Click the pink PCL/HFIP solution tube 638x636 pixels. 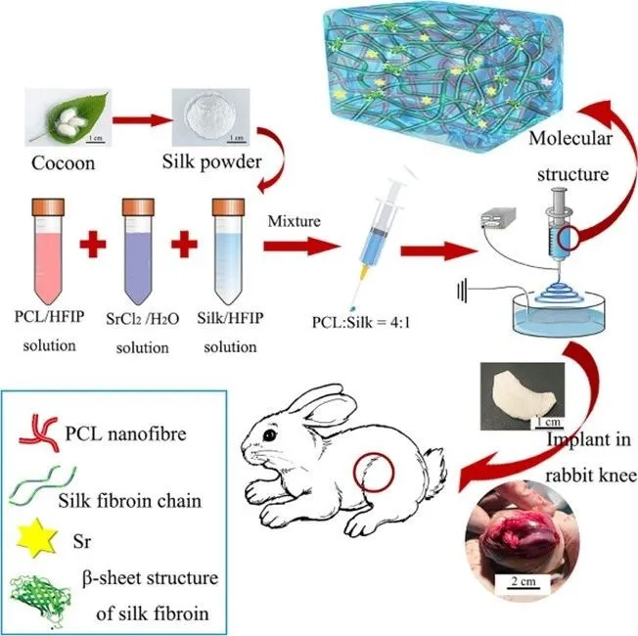point(48,251)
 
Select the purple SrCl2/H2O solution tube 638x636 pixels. point(138,251)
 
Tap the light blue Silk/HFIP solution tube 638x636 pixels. point(228,251)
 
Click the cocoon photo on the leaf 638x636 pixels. point(68,117)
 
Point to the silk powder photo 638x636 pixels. point(210,117)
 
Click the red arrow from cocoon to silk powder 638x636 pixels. point(142,120)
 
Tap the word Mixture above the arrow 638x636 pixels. point(295,221)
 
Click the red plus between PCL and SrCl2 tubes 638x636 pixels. point(93,245)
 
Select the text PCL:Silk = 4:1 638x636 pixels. point(361,322)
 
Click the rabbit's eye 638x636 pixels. point(269,435)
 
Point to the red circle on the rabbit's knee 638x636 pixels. point(374,472)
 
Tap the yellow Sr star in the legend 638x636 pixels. point(36,538)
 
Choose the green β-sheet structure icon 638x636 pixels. point(40,597)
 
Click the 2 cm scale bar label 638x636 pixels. point(524,580)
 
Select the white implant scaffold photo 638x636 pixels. point(523,396)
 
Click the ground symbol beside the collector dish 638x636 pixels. point(462,291)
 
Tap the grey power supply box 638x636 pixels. point(498,218)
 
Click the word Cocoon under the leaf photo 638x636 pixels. point(63,163)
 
